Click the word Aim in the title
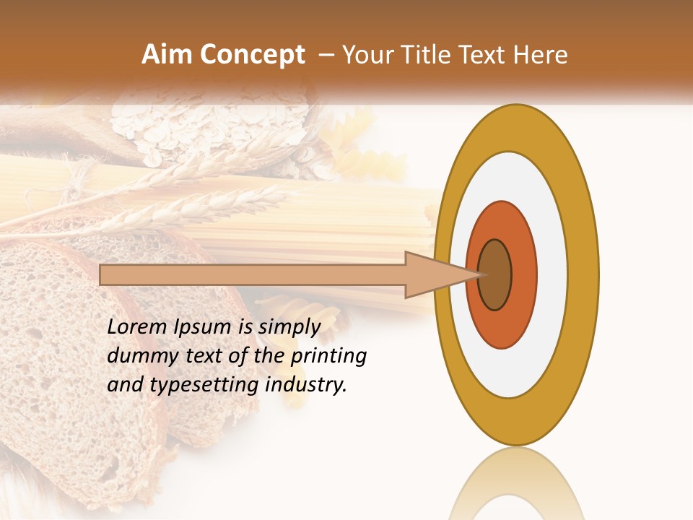[167, 55]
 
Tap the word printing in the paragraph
[328, 356]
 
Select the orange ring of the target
[523, 274]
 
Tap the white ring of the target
[552, 274]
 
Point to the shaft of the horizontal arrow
[253, 274]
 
